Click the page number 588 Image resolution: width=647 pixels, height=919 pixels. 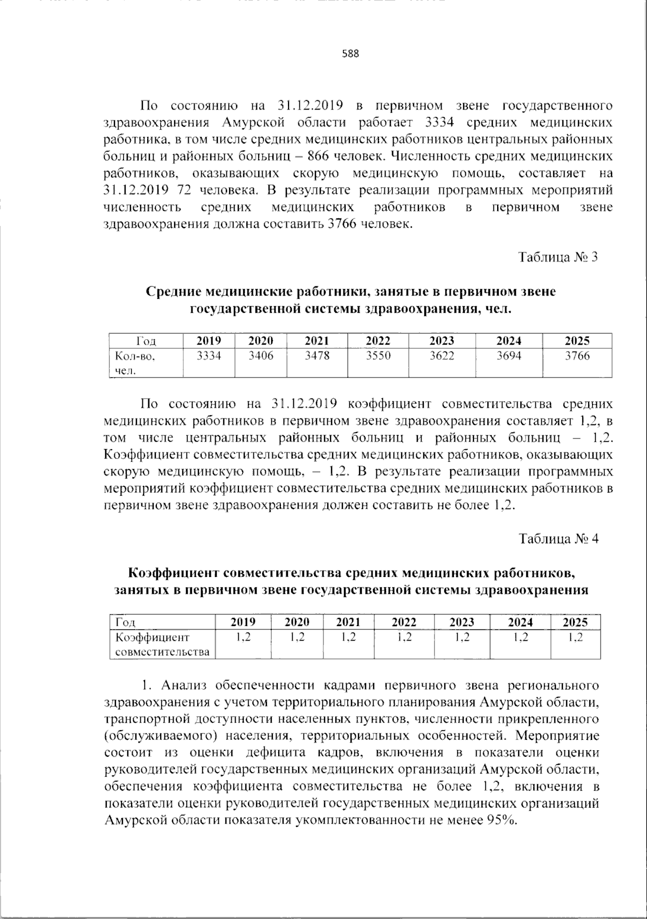pyautogui.click(x=350, y=54)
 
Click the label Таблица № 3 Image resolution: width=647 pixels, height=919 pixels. pyautogui.click(x=558, y=257)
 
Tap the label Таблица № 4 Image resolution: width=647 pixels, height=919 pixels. pyautogui.click(x=558, y=539)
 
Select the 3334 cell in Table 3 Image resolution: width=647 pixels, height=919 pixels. pyautogui.click(x=209, y=356)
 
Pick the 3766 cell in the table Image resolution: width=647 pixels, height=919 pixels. pyautogui.click(x=577, y=356)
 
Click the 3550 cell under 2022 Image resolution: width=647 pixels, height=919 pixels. pyautogui.click(x=378, y=356)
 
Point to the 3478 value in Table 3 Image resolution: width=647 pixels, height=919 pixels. pyautogui.click(x=317, y=356)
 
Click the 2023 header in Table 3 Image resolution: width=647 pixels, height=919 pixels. pyautogui.click(x=442, y=341)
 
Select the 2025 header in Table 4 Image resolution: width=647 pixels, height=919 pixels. pyautogui.click(x=575, y=622)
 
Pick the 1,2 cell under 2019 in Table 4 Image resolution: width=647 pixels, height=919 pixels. pyautogui.click(x=243, y=637)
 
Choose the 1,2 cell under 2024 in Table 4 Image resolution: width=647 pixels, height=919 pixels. pyautogui.click(x=520, y=637)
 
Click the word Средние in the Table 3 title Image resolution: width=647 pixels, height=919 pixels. pyautogui.click(x=173, y=292)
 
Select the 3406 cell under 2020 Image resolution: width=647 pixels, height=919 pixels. pyautogui.click(x=260, y=356)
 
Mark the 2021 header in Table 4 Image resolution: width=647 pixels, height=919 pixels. pyautogui.click(x=348, y=622)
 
